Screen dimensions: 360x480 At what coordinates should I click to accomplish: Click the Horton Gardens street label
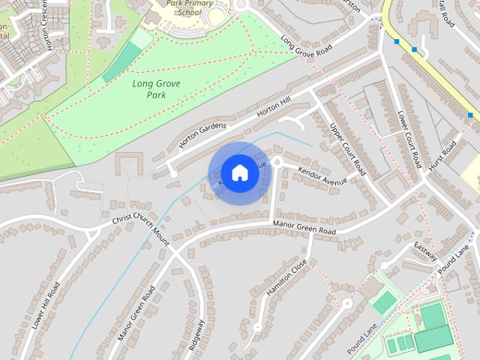coord(202,135)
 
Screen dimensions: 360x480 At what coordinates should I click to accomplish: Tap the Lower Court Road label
coord(411,138)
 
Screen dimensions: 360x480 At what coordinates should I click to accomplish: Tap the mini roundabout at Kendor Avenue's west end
coord(276,161)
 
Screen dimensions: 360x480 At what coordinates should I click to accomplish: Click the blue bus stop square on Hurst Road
coord(470,115)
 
